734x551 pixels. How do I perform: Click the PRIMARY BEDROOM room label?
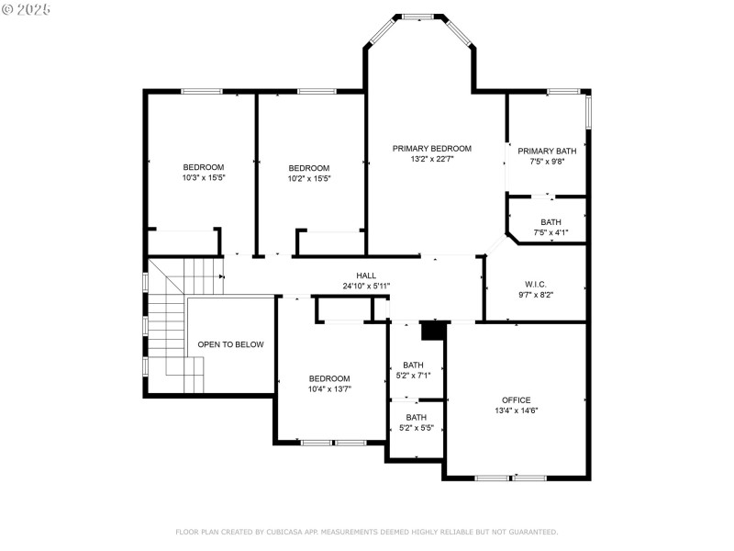click(x=431, y=148)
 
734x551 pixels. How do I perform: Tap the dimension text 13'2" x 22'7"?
click(x=431, y=159)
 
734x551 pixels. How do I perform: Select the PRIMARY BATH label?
click(x=547, y=151)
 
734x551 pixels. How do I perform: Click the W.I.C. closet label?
click(x=536, y=284)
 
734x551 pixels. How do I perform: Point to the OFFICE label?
click(x=516, y=399)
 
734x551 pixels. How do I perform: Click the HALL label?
click(x=366, y=275)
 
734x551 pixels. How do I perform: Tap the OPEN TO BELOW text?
click(x=230, y=344)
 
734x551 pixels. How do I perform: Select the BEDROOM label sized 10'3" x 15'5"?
click(x=204, y=167)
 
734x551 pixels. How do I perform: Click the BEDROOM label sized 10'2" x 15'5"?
click(x=308, y=168)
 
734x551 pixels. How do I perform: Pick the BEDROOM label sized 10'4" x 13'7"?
click(x=328, y=378)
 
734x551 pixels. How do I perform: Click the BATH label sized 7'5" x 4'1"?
click(x=550, y=222)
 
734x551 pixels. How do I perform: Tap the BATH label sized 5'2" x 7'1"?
click(x=413, y=365)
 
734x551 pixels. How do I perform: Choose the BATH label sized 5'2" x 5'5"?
click(x=416, y=417)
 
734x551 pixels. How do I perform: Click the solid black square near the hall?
click(x=432, y=331)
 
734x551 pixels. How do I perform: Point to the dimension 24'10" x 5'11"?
click(x=366, y=287)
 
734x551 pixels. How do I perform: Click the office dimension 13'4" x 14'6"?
click(x=516, y=410)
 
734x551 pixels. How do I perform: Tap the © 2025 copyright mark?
click(x=27, y=8)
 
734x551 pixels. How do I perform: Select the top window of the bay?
click(x=419, y=17)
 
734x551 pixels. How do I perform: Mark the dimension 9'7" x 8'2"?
click(x=536, y=295)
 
